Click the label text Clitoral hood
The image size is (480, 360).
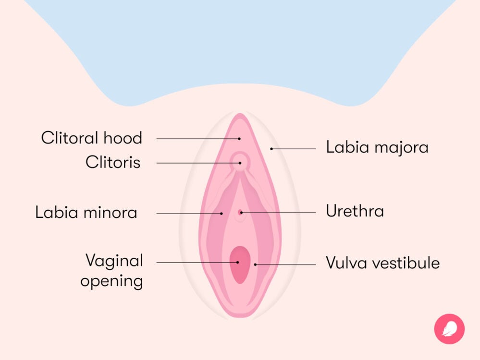91,138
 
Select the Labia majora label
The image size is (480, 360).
377,147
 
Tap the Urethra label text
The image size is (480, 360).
355,211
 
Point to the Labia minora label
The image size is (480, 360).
86,212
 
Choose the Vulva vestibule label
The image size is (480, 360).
382,263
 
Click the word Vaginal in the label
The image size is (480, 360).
114,261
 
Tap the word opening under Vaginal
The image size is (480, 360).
111,281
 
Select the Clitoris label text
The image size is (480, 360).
113,162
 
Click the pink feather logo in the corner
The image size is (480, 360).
449,329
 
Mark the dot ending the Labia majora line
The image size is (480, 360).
271,149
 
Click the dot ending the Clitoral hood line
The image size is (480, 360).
239,138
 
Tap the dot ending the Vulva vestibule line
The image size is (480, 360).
256,264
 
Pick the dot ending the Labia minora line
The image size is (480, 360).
222,213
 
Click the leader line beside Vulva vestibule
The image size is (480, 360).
286,264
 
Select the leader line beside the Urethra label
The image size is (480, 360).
279,212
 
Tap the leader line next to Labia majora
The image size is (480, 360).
294,149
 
